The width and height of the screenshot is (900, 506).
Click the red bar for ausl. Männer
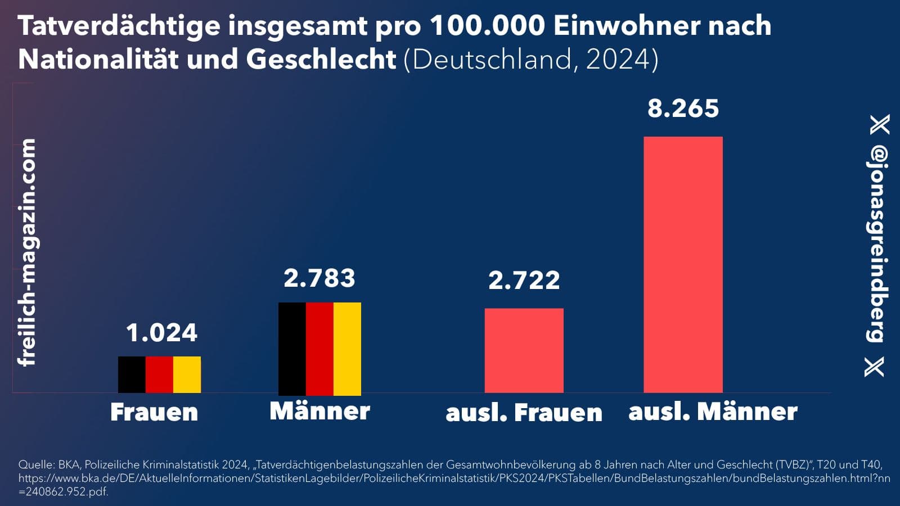tap(683, 264)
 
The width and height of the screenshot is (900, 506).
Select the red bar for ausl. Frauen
tap(524, 350)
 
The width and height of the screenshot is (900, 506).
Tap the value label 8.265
tap(683, 109)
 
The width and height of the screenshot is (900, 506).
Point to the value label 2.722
tap(524, 281)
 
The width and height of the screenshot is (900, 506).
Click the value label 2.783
tap(319, 278)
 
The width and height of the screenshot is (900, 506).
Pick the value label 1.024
tap(161, 333)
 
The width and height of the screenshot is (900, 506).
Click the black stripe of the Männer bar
tap(292, 349)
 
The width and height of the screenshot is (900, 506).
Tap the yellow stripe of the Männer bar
tap(347, 349)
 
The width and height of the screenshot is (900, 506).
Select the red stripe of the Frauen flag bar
tap(159, 374)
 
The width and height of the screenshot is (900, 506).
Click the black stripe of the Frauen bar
tap(132, 374)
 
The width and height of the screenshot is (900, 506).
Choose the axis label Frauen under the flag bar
tap(154, 412)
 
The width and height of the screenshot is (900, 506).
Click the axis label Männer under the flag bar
tap(319, 411)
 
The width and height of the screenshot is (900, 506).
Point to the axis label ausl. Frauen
tap(524, 413)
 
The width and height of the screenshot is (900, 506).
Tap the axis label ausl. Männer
tap(713, 412)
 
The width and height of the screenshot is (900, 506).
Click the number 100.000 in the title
tap(487, 26)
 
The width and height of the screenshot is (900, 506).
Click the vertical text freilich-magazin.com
tap(26, 252)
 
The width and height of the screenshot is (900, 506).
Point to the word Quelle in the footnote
tap(37, 465)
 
